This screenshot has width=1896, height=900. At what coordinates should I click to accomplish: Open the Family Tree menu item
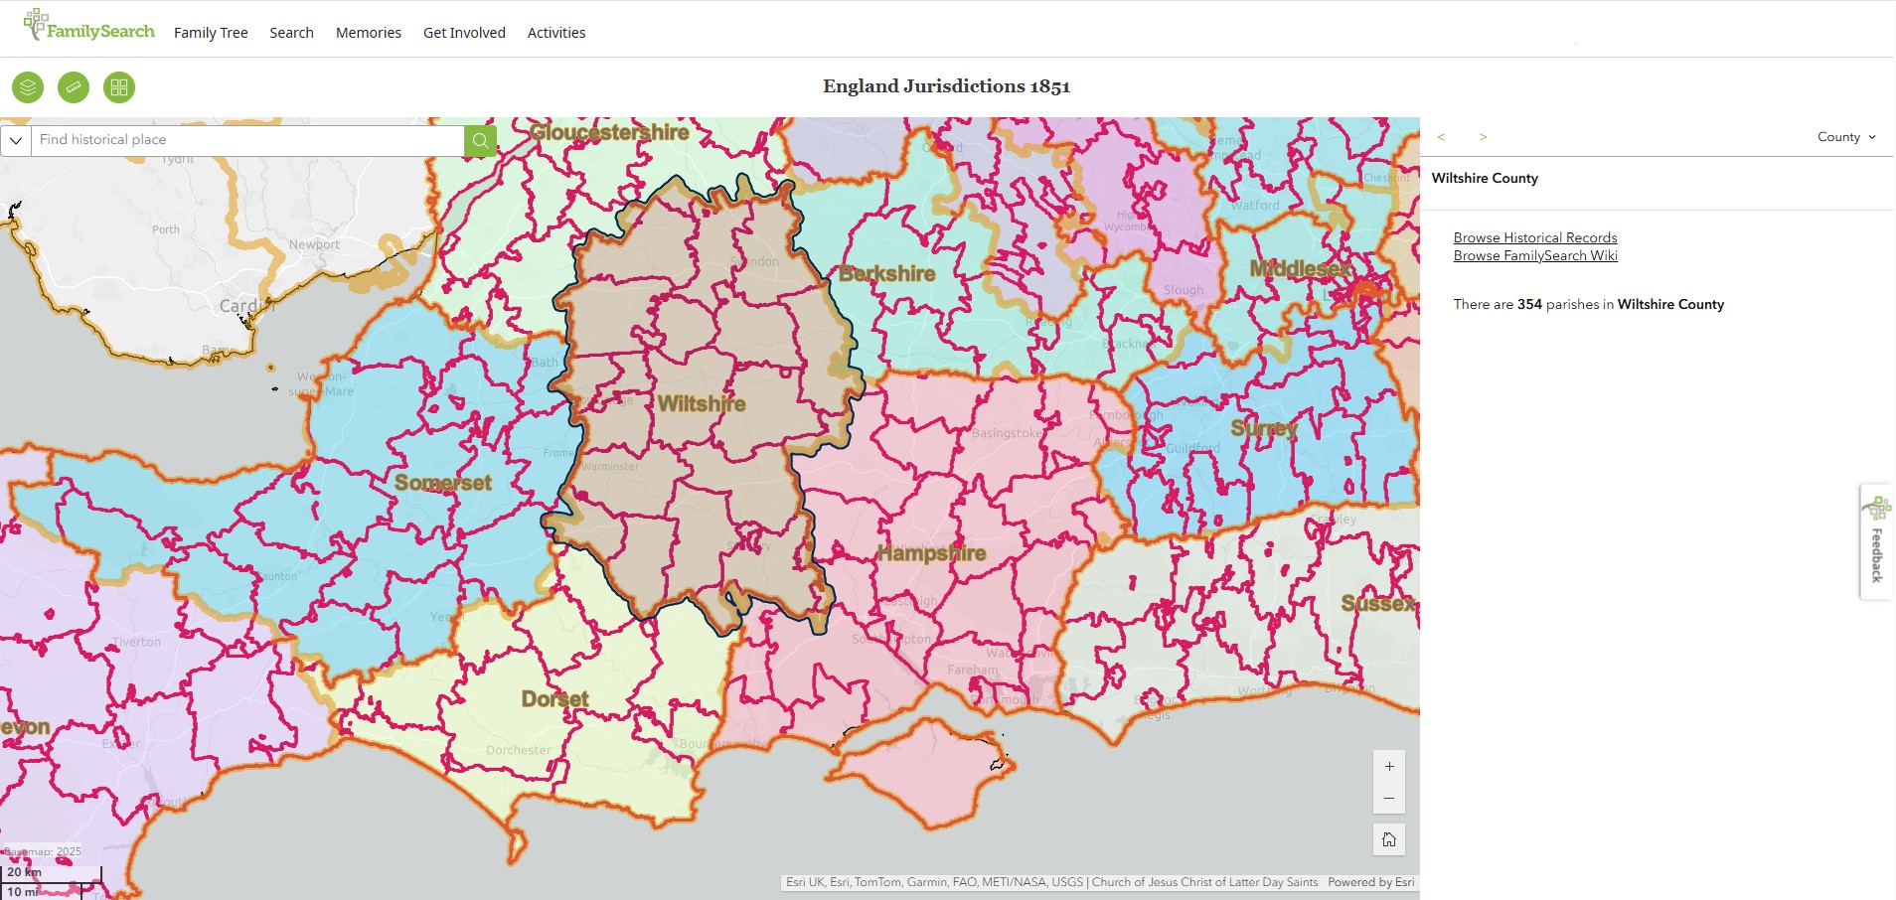(211, 33)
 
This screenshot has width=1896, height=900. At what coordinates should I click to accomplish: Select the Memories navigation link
(369, 33)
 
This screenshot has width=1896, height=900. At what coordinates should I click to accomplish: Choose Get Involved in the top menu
(464, 33)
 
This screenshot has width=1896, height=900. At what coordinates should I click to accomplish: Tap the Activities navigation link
(556, 33)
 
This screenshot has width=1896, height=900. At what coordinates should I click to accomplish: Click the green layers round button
(28, 87)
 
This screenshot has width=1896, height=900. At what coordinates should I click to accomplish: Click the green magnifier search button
(480, 140)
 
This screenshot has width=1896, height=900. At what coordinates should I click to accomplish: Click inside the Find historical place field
(248, 140)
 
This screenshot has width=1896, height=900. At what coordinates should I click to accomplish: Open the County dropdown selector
(1846, 137)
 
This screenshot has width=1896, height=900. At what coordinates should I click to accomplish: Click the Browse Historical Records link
(1535, 237)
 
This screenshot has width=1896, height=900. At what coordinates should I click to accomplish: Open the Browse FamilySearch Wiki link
(1535, 255)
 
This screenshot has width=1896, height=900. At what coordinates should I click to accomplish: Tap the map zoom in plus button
(1389, 767)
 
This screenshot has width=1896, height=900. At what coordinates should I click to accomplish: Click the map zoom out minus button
(1389, 799)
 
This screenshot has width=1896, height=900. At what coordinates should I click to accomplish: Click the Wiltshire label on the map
(702, 404)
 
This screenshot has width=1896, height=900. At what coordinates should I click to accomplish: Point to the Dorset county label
(555, 699)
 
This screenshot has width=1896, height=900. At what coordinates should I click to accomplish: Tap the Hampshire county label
(931, 553)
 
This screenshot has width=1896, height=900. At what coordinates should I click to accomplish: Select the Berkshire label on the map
(887, 274)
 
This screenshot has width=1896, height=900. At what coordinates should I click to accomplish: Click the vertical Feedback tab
(1876, 542)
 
